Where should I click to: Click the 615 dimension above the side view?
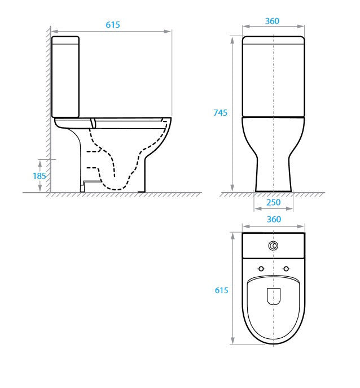(113, 25)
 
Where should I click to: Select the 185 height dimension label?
(39, 176)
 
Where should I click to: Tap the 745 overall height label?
(221, 113)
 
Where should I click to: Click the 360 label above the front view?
(272, 21)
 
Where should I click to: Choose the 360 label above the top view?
(273, 220)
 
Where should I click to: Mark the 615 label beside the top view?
(221, 290)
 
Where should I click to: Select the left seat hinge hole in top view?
(261, 268)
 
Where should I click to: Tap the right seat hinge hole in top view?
(287, 268)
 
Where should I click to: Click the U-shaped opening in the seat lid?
(274, 296)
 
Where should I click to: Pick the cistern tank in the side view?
(65, 76)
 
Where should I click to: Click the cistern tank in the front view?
(274, 76)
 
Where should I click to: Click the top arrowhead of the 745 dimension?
(232, 39)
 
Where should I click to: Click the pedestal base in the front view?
(274, 175)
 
